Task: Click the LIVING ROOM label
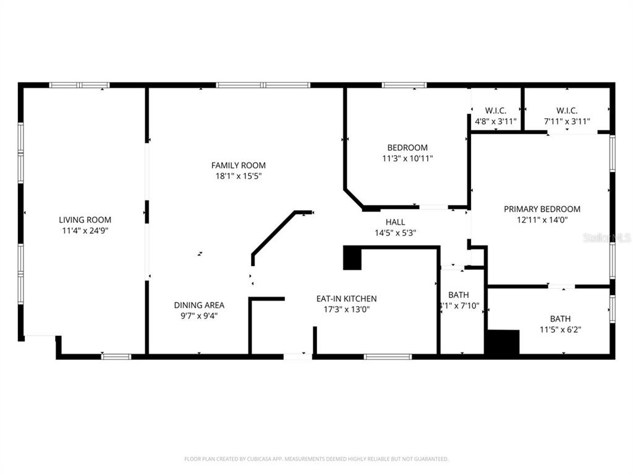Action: (x=85, y=220)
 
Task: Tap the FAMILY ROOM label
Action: (x=238, y=165)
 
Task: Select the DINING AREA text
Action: (x=198, y=305)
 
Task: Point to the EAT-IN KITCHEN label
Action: (x=346, y=299)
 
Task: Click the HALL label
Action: (x=395, y=222)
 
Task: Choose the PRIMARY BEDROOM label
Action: (x=542, y=209)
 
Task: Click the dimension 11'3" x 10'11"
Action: (x=407, y=158)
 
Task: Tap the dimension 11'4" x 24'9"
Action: (x=85, y=231)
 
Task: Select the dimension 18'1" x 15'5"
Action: (x=238, y=176)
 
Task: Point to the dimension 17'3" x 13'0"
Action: (x=346, y=309)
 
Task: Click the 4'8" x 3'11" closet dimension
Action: (x=495, y=122)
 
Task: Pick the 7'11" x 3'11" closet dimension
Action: (x=567, y=122)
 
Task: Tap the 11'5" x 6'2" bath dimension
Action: (x=560, y=330)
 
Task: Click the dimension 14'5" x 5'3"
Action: (x=395, y=233)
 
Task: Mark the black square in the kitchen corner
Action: (x=352, y=258)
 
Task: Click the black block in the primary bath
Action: (x=503, y=342)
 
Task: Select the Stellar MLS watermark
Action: (x=607, y=237)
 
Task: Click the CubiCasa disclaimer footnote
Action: (x=316, y=459)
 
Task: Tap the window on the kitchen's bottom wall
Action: (x=388, y=356)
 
